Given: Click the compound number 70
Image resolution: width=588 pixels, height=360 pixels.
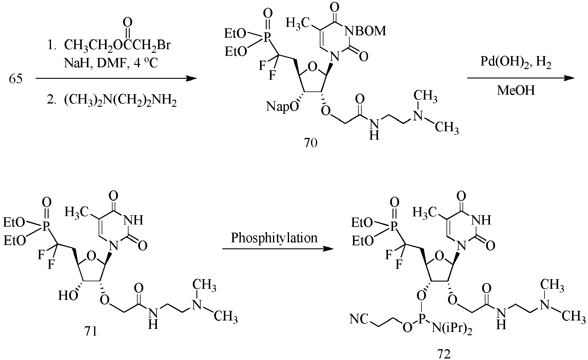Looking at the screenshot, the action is pyautogui.click(x=311, y=143).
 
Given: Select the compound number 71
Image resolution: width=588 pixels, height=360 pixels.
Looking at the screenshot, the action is pyautogui.click(x=91, y=331).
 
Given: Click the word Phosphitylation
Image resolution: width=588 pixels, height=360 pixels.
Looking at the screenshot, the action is pyautogui.click(x=274, y=238).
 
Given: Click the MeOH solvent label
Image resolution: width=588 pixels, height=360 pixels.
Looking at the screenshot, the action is pyautogui.click(x=516, y=90).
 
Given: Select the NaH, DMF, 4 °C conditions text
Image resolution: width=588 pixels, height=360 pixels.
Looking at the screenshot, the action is pyautogui.click(x=111, y=63).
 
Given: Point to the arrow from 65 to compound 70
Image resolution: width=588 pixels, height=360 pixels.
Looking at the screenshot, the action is pyautogui.click(x=116, y=79).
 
